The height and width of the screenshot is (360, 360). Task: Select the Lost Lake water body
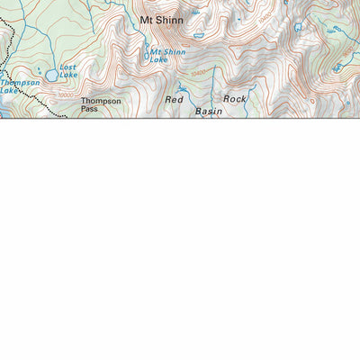[52, 76]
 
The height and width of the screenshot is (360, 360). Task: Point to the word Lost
[67, 67]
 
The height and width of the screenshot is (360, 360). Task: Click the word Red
[174, 99]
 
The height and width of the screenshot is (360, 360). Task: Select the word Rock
[234, 98]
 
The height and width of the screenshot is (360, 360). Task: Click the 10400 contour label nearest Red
[197, 72]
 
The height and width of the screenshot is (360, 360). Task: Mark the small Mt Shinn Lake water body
[148, 56]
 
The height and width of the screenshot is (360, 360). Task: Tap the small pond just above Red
[181, 87]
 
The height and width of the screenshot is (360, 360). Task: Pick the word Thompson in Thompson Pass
[101, 101]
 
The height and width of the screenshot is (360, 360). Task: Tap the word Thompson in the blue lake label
[20, 83]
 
